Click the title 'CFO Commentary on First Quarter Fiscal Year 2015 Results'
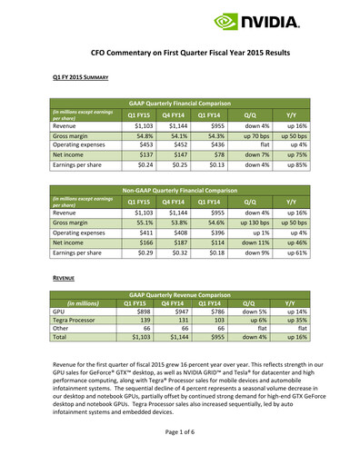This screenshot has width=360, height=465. [x=180, y=54]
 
